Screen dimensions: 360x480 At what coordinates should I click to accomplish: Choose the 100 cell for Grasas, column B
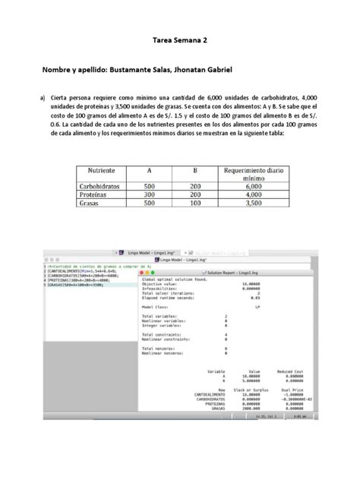(195, 203)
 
